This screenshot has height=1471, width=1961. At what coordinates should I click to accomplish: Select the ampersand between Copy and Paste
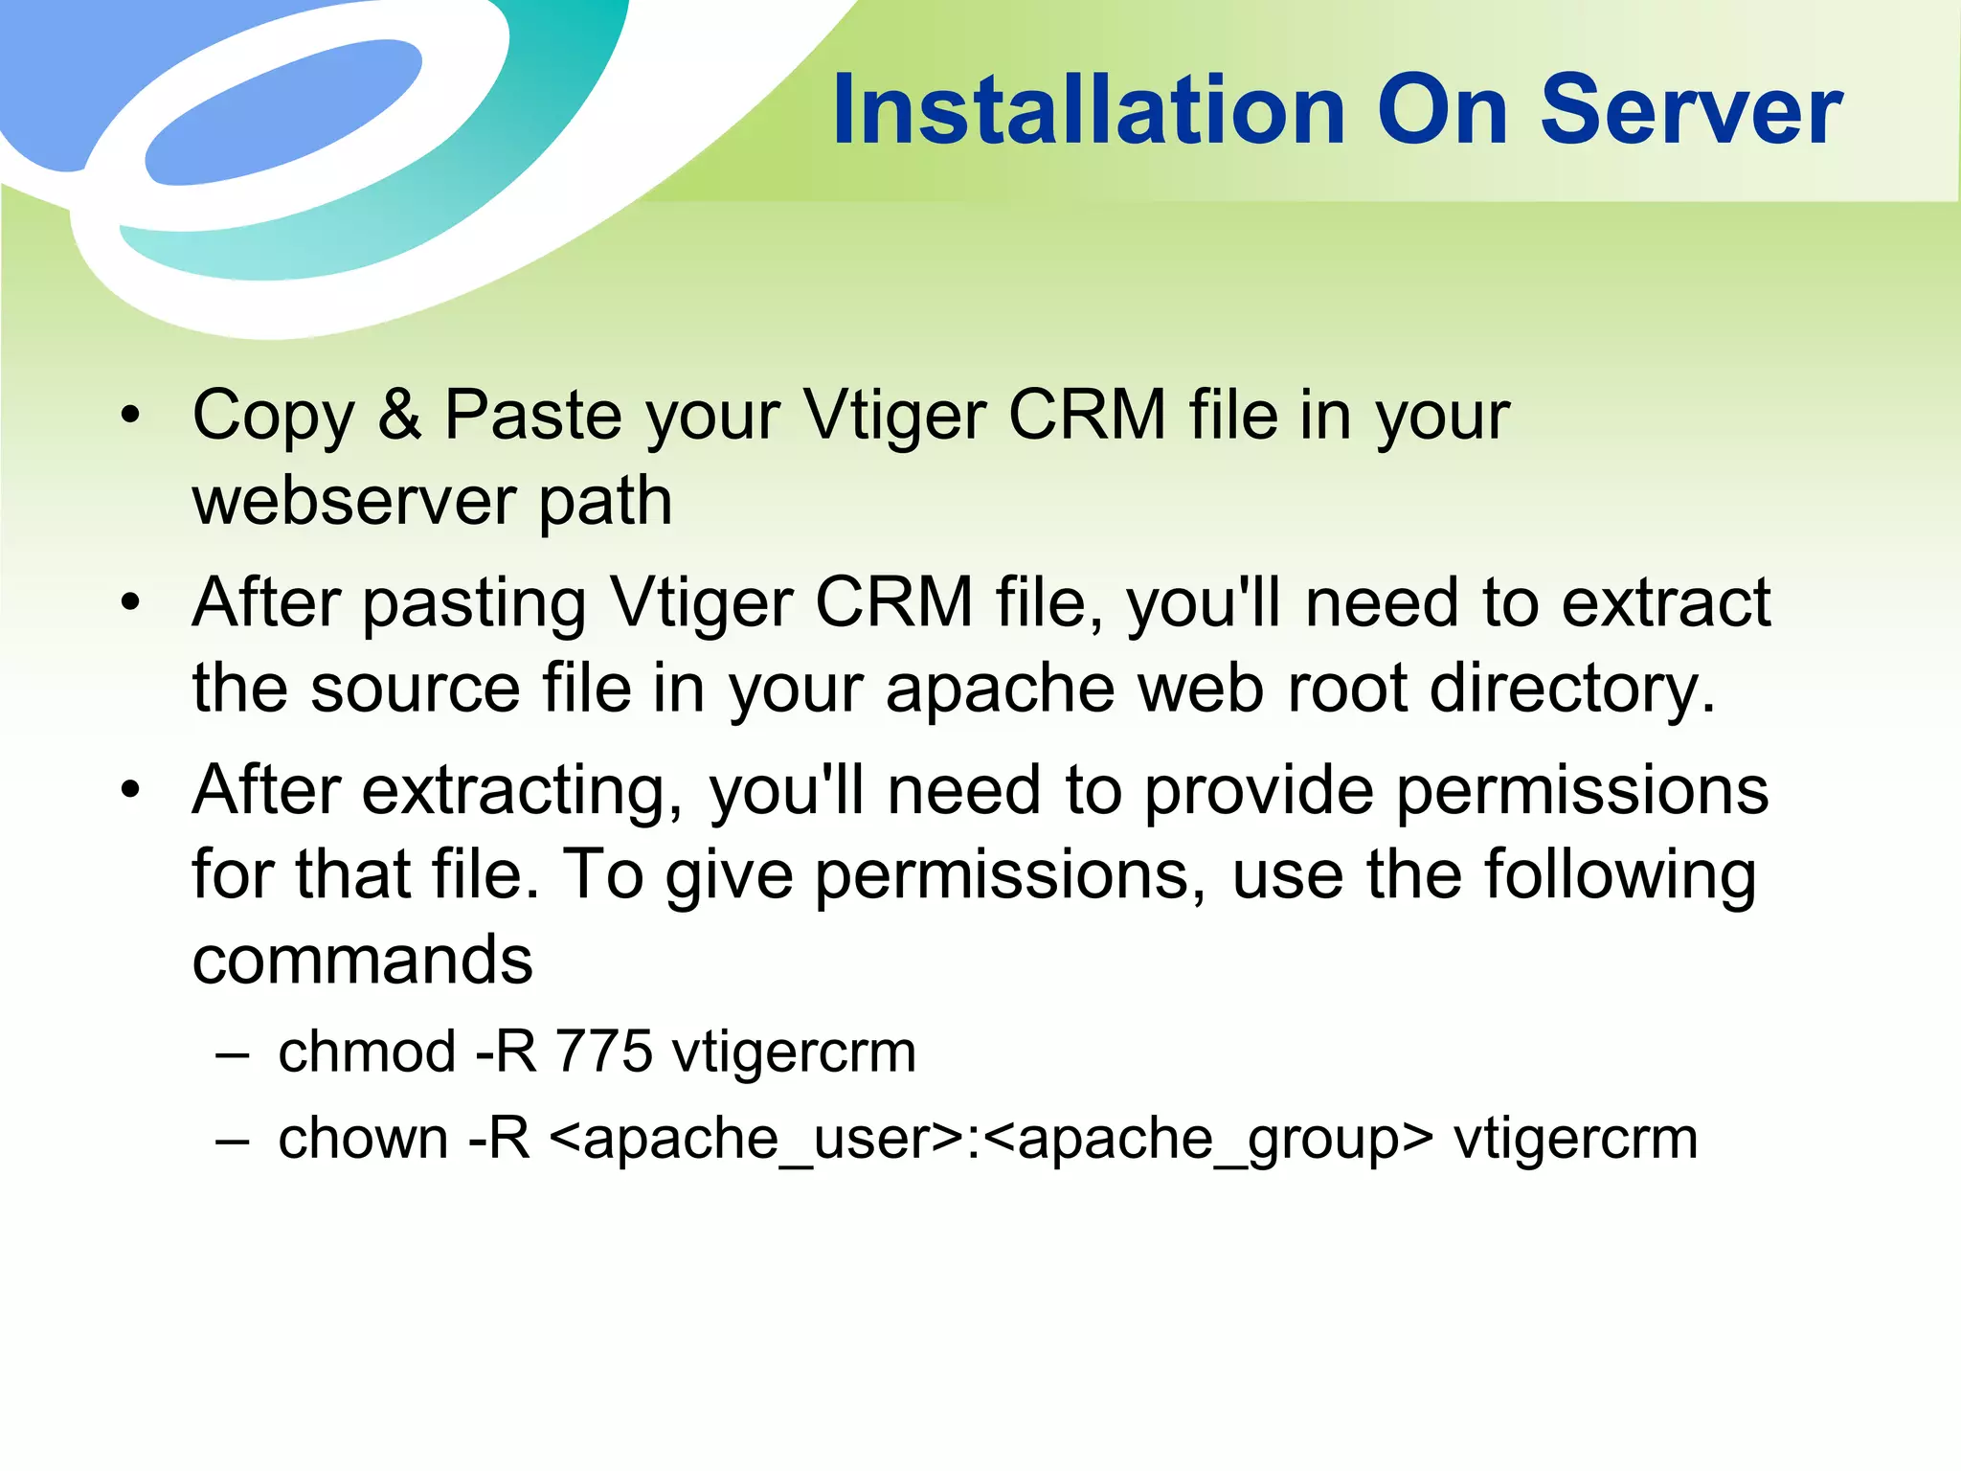(x=399, y=415)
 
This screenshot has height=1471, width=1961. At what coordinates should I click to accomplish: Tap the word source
(x=415, y=690)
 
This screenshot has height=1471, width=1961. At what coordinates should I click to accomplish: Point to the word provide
(x=1259, y=791)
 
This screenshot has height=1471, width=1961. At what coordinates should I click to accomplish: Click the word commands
(x=362, y=961)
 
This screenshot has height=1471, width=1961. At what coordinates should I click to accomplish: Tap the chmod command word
(x=367, y=1052)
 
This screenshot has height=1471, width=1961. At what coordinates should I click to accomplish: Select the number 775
(x=604, y=1052)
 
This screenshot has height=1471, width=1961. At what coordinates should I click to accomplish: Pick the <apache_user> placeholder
(x=757, y=1140)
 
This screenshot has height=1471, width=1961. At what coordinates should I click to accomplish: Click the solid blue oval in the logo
(x=283, y=111)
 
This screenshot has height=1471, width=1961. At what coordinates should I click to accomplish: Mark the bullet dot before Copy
(x=130, y=416)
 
